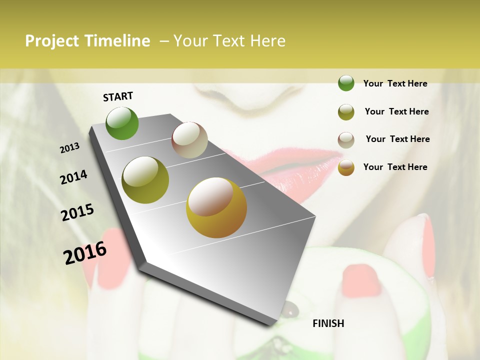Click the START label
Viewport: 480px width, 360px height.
(x=118, y=96)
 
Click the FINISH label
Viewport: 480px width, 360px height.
(x=328, y=323)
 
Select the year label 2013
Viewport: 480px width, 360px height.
(x=70, y=148)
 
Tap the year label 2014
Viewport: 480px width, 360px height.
(x=73, y=177)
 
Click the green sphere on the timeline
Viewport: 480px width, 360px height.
(x=122, y=123)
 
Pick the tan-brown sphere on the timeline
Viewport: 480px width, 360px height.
(x=189, y=140)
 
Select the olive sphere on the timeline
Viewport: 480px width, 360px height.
(x=145, y=180)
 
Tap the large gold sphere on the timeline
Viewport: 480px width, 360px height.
(x=216, y=207)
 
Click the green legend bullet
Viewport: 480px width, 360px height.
(x=346, y=83)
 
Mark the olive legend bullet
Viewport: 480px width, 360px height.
(x=346, y=112)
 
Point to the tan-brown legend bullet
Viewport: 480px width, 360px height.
(x=346, y=140)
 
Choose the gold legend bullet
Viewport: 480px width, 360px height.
(x=346, y=167)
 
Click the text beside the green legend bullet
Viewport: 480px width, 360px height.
(x=395, y=83)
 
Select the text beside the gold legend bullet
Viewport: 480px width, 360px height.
(x=395, y=167)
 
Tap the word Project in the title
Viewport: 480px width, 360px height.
(x=51, y=41)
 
